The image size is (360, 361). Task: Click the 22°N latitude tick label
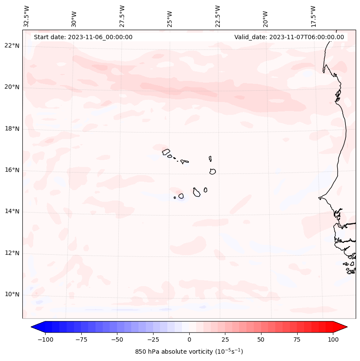click(12, 46)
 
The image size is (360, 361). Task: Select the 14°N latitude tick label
click(12, 211)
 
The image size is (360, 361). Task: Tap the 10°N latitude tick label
click(12, 294)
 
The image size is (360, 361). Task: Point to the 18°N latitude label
click(12, 129)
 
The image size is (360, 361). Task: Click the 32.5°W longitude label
click(27, 16)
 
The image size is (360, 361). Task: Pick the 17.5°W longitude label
click(313, 16)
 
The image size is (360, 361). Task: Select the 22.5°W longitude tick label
click(218, 16)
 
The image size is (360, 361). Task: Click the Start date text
click(83, 37)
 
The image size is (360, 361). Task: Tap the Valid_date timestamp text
click(289, 37)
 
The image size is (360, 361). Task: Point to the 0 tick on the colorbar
click(189, 340)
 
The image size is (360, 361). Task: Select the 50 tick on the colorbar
click(261, 340)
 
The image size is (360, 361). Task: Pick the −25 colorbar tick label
click(153, 340)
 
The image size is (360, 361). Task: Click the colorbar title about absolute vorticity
click(189, 352)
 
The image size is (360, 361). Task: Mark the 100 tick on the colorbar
click(332, 340)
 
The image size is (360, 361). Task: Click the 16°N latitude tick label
click(12, 170)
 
